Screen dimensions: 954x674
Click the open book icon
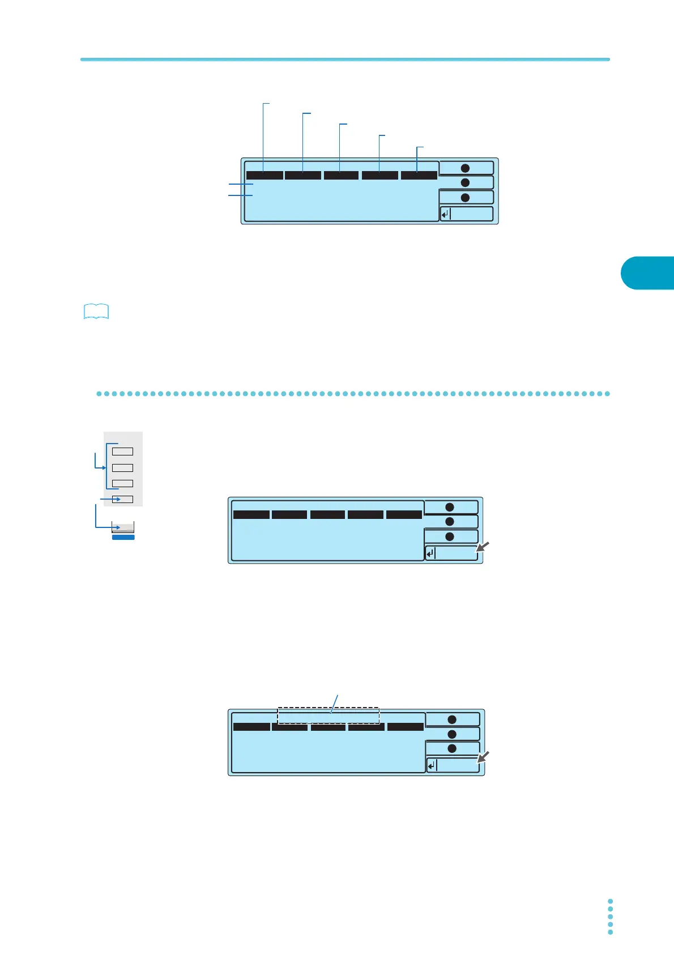click(x=96, y=312)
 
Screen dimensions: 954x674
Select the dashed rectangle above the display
click(x=328, y=715)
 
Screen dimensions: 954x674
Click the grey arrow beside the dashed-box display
click(x=482, y=757)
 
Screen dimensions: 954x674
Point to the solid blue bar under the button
click(x=123, y=537)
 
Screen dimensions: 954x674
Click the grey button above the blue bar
click(x=123, y=527)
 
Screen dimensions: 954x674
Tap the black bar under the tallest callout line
click(x=265, y=175)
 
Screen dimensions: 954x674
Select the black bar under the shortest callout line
click(x=419, y=175)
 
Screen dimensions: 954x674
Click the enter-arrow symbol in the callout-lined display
click(x=445, y=214)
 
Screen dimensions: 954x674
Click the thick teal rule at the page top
click(x=345, y=59)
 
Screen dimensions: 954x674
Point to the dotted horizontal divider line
click(x=353, y=393)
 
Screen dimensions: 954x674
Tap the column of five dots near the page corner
click(x=610, y=916)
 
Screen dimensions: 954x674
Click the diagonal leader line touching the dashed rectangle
click(x=335, y=703)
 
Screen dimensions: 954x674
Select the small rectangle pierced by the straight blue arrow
click(x=122, y=499)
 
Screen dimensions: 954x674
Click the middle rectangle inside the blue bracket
click(x=122, y=467)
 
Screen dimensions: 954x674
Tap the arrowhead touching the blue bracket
click(x=104, y=467)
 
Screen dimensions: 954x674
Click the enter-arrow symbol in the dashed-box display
click(x=432, y=766)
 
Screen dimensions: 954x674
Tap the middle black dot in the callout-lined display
click(x=465, y=182)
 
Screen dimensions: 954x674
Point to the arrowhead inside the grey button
click(x=118, y=527)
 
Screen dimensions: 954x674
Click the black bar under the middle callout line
click(x=341, y=175)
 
